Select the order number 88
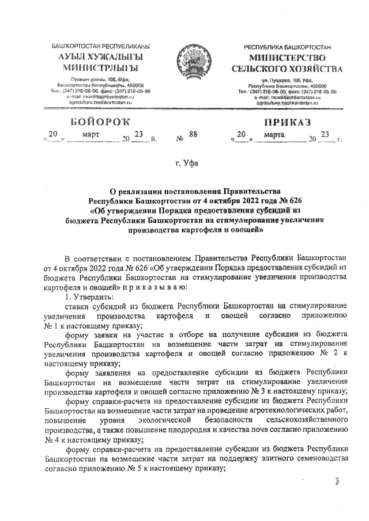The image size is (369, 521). point(193,135)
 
